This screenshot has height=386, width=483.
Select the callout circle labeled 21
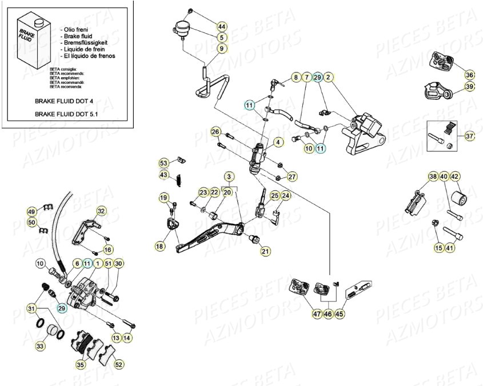(266, 251)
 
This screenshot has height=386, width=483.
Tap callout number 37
(470, 136)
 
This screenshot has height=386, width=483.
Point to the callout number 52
(119, 364)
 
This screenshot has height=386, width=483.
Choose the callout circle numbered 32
(101, 211)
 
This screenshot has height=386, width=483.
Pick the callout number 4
(278, 142)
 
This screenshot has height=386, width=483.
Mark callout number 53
(164, 163)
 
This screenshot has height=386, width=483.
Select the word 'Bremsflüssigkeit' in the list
(87, 42)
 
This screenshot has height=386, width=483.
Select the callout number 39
(470, 86)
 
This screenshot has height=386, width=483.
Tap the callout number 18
(159, 246)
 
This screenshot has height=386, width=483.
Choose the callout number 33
(40, 346)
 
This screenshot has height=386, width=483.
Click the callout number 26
(215, 132)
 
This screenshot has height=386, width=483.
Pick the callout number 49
(32, 211)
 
